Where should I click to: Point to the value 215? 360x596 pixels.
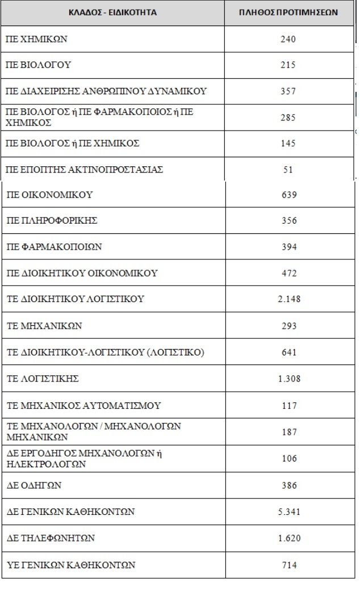[x=288, y=65]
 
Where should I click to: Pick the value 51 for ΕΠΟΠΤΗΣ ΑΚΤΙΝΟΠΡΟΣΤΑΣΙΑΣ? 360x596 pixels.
[x=288, y=170]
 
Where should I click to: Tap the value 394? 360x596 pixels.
[x=288, y=247]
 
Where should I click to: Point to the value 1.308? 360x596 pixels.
[x=289, y=379]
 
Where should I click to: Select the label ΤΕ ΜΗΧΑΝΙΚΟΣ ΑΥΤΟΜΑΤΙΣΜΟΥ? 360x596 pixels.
[x=83, y=405]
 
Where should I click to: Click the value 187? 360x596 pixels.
[x=288, y=432]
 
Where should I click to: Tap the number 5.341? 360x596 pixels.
[x=289, y=512]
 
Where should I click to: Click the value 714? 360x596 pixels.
[x=288, y=565]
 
